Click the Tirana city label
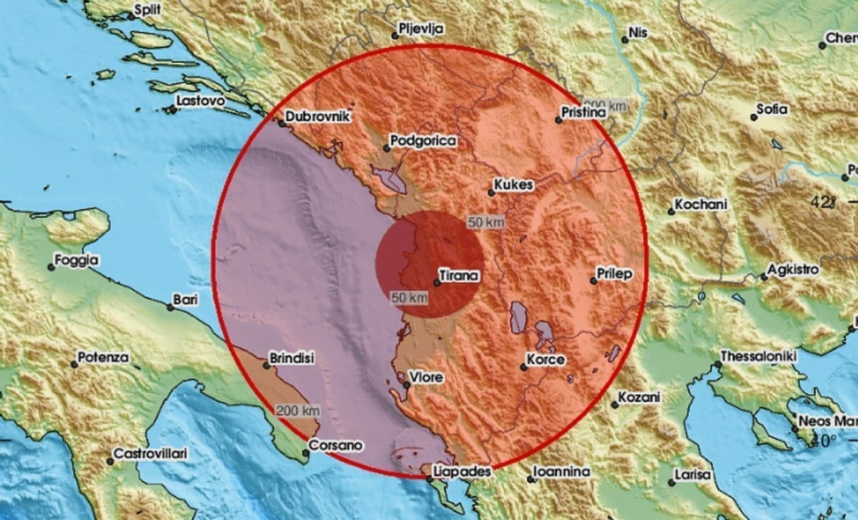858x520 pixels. (x=459, y=275)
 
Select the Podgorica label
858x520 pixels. (x=424, y=141)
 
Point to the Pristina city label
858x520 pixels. (x=584, y=113)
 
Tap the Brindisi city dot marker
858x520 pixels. (x=266, y=365)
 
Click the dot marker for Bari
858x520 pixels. (x=170, y=307)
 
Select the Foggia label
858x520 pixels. (x=79, y=261)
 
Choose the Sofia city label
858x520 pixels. (x=773, y=109)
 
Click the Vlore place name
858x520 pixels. (x=427, y=377)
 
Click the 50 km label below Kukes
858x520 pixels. (x=486, y=223)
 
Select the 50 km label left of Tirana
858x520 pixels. (x=410, y=297)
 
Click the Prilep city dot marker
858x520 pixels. (x=593, y=281)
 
